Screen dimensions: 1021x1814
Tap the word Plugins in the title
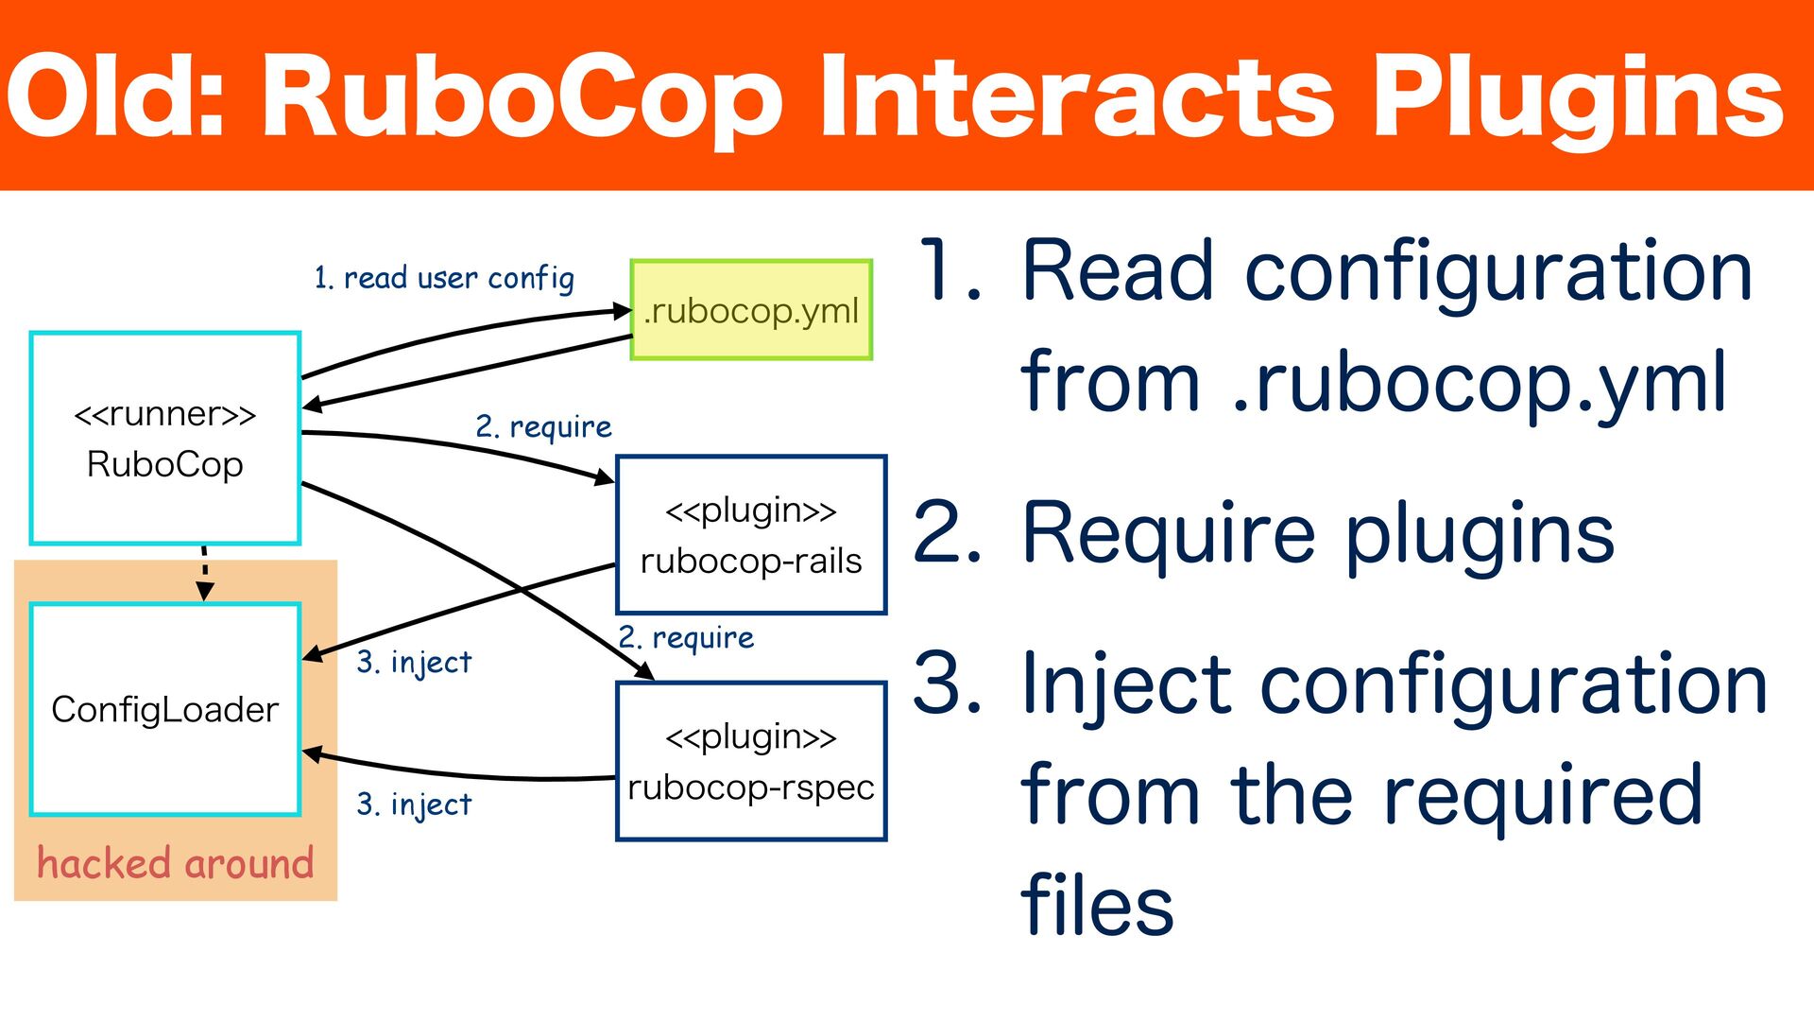pyautogui.click(x=1577, y=97)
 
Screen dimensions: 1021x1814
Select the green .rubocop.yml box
pyautogui.click(x=751, y=310)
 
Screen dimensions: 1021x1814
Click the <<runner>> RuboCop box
pyautogui.click(x=165, y=439)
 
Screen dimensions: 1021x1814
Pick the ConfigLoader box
pyautogui.click(x=165, y=709)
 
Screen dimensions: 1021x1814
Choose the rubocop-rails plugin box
pyautogui.click(x=751, y=535)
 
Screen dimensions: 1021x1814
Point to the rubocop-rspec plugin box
pyautogui.click(x=751, y=761)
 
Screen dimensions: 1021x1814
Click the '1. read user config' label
pyautogui.click(x=444, y=278)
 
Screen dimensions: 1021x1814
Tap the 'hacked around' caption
pyautogui.click(x=175, y=863)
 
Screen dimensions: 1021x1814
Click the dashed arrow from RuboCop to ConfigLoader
pyautogui.click(x=204, y=572)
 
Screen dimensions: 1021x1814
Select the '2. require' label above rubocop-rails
pyautogui.click(x=543, y=426)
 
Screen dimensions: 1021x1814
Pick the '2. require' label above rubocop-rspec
pyautogui.click(x=686, y=638)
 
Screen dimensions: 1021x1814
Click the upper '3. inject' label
pyautogui.click(x=414, y=662)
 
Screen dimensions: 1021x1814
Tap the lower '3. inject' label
pyautogui.click(x=414, y=804)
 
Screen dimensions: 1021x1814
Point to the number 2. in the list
pyautogui.click(x=949, y=533)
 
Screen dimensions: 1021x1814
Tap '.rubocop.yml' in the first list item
pyautogui.click(x=1480, y=382)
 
